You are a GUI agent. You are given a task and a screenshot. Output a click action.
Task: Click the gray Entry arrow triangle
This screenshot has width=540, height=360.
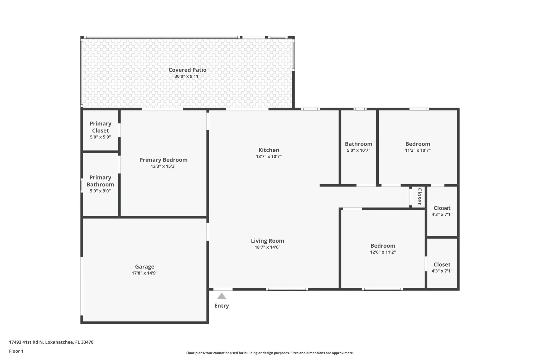(x=221, y=296)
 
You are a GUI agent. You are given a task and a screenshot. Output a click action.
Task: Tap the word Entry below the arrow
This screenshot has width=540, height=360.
(x=221, y=306)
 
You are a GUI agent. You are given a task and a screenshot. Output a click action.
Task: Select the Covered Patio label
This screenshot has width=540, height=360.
(x=187, y=70)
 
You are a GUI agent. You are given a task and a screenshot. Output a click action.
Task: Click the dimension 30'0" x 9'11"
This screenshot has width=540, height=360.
(x=187, y=76)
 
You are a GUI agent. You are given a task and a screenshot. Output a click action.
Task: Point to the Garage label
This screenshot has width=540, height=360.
(x=144, y=267)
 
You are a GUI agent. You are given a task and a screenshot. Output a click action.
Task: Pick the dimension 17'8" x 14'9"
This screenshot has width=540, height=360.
(x=144, y=273)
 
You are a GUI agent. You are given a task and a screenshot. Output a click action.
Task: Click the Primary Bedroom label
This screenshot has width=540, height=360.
(x=163, y=160)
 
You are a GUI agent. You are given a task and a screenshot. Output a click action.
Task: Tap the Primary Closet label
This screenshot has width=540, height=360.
(x=100, y=127)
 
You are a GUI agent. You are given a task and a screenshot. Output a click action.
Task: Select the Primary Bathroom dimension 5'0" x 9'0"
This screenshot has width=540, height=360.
(x=100, y=191)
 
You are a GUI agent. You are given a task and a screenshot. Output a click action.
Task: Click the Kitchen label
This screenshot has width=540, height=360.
(x=269, y=150)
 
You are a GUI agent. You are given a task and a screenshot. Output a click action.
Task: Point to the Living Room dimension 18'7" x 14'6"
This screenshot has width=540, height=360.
(x=267, y=247)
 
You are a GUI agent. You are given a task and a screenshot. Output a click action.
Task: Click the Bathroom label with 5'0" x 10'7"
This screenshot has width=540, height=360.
(x=359, y=144)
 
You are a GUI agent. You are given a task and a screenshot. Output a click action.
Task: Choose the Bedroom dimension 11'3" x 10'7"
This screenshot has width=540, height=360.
(x=418, y=150)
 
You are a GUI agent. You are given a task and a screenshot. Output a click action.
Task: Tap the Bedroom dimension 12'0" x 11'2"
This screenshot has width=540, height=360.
(x=383, y=252)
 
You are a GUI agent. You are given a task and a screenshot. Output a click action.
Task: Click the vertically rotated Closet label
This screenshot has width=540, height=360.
(x=419, y=196)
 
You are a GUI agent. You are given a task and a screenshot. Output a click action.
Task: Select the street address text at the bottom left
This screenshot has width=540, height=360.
(x=51, y=342)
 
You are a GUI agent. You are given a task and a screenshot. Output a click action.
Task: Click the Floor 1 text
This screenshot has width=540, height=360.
(x=16, y=351)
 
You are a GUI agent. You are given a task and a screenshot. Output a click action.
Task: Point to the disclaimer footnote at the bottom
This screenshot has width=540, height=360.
(x=270, y=353)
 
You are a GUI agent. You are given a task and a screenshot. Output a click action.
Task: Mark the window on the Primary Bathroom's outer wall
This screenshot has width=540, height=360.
(x=82, y=185)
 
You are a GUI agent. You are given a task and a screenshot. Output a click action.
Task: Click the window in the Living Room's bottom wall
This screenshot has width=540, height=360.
(x=287, y=289)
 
